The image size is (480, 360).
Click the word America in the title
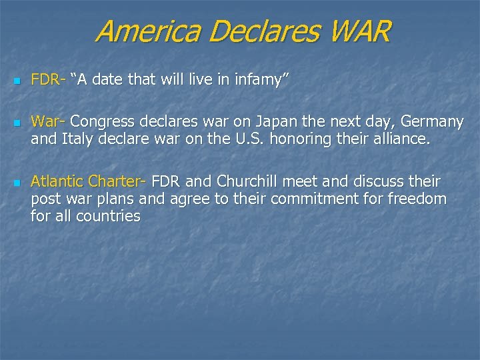(141, 31)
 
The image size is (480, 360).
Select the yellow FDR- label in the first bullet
(48, 81)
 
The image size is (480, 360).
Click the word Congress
(102, 122)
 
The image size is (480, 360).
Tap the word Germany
(431, 122)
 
